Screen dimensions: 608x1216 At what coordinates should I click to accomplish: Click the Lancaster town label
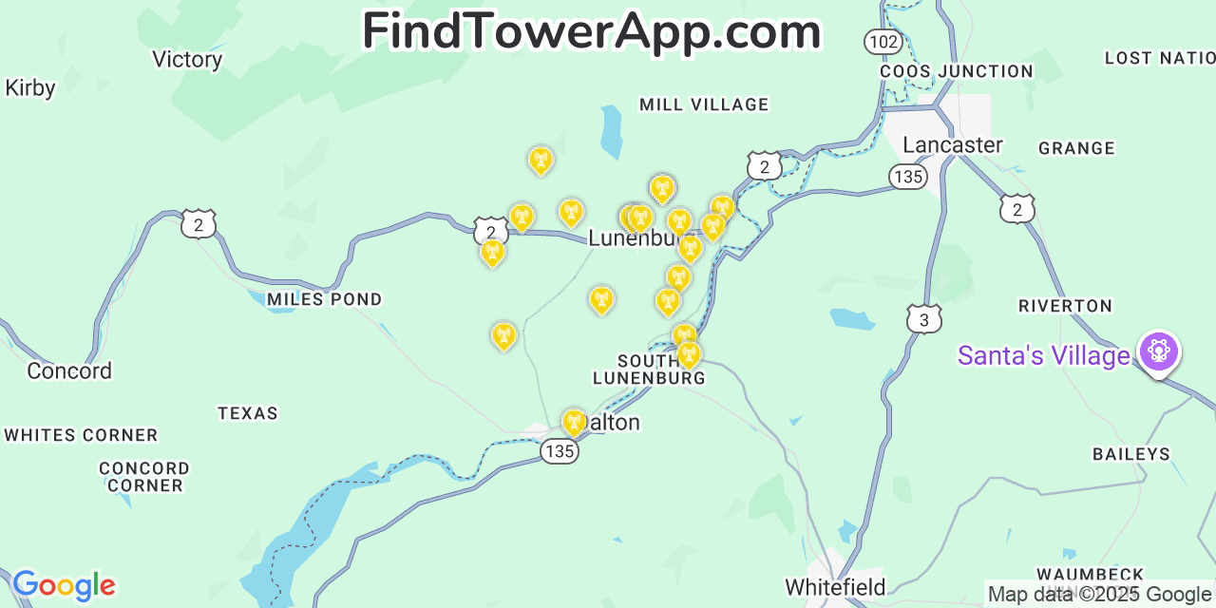(x=952, y=145)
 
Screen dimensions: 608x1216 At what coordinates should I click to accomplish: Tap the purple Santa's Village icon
(x=1158, y=351)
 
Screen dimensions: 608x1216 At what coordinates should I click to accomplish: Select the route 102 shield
(x=883, y=41)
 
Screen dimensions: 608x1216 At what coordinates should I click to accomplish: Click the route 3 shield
(x=923, y=319)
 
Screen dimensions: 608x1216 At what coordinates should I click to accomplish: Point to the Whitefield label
(x=835, y=587)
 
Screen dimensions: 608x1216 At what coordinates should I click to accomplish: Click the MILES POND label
(x=324, y=300)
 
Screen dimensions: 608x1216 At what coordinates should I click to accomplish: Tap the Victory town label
(x=187, y=60)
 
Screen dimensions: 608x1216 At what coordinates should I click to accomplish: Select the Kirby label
(x=30, y=88)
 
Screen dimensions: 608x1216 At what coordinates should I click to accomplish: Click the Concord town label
(x=69, y=370)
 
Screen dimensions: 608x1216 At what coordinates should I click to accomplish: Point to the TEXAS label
(x=248, y=413)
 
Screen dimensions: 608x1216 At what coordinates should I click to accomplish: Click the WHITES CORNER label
(x=81, y=435)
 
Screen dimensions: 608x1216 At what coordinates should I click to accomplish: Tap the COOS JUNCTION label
(x=956, y=71)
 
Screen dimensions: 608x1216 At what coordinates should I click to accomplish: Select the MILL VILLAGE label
(x=704, y=104)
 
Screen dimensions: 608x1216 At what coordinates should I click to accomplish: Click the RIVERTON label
(x=1065, y=306)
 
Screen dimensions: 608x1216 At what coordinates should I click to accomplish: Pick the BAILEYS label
(x=1131, y=454)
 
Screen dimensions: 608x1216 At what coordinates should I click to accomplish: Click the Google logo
(x=64, y=585)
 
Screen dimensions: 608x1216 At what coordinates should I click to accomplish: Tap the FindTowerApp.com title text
(x=591, y=31)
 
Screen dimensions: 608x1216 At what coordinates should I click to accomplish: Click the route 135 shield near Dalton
(x=560, y=451)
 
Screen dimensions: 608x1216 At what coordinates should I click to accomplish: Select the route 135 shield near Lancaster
(x=908, y=177)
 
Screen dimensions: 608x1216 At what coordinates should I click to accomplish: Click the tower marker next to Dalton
(x=574, y=422)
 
